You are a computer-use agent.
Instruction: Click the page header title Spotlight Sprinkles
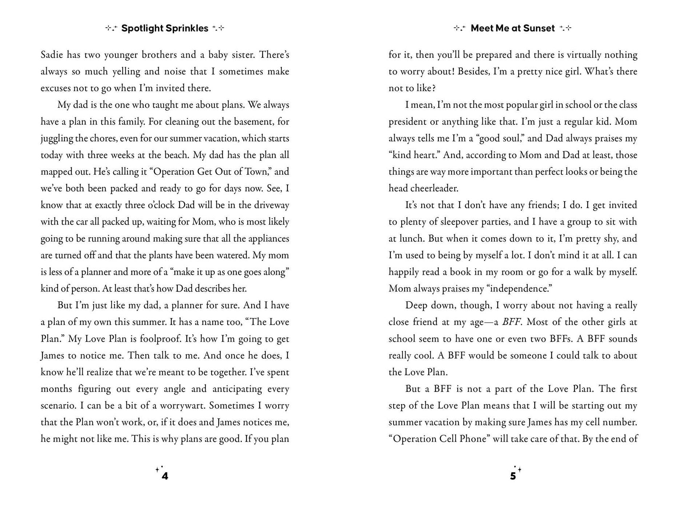[165, 28]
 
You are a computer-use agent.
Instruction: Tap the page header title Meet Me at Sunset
[512, 28]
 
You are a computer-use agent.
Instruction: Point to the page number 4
[165, 476]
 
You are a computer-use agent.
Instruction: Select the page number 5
[513, 476]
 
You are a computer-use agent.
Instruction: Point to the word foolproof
[160, 339]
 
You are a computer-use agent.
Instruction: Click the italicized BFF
[511, 322]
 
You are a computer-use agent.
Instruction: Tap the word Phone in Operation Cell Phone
[473, 439]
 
